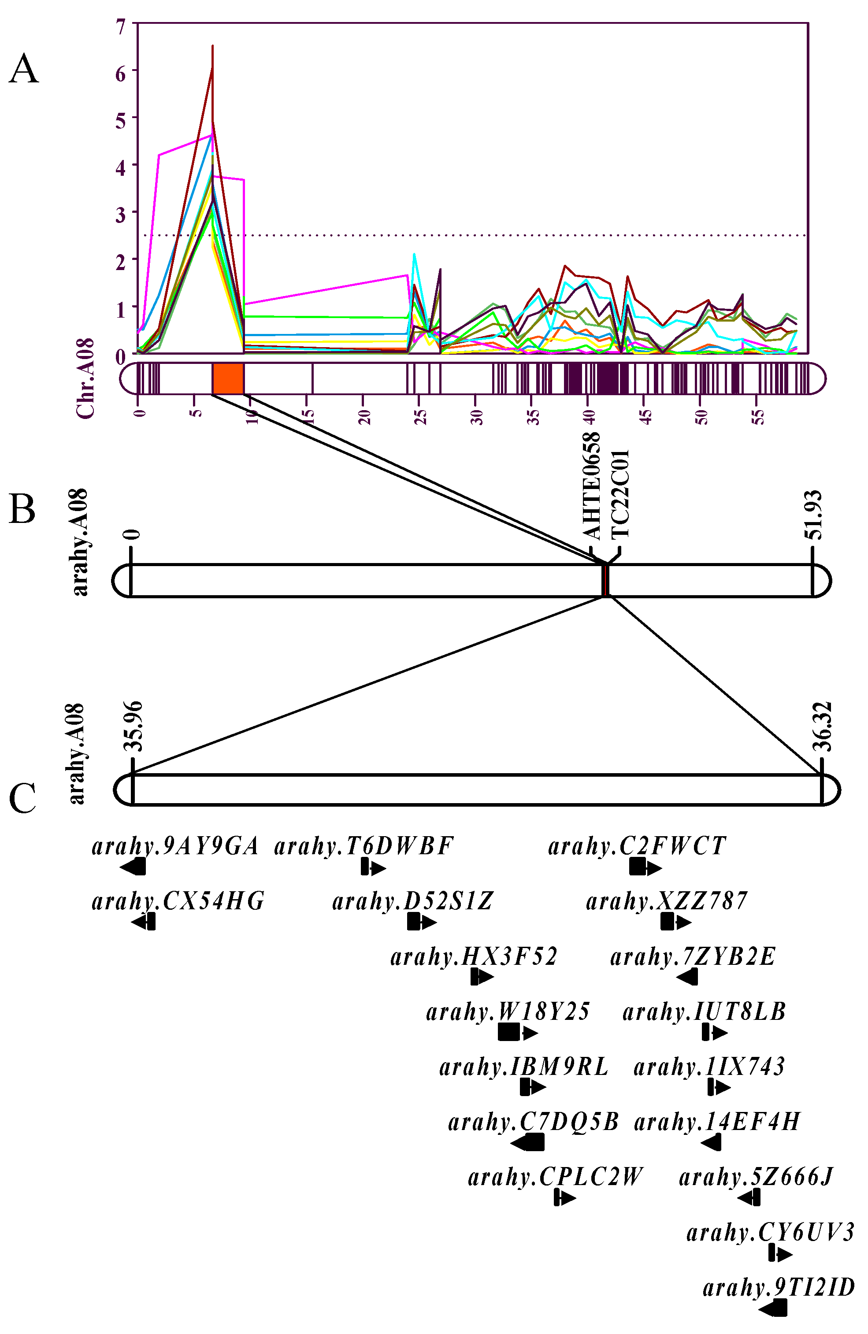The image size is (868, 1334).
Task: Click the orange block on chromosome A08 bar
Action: click(228, 379)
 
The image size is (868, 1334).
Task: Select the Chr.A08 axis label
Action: click(85, 378)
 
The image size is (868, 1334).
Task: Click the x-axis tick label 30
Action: click(477, 417)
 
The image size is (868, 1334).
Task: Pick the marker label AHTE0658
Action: click(591, 485)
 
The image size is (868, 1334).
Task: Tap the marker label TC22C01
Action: click(620, 494)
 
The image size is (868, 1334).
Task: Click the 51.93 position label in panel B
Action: click(814, 515)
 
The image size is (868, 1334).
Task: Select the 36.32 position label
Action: click(822, 726)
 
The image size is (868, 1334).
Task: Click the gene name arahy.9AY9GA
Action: click(175, 846)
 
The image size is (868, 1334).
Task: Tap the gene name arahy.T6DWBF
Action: click(364, 846)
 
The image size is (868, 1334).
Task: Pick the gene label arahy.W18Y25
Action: click(508, 1012)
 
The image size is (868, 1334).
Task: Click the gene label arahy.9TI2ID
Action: click(779, 1287)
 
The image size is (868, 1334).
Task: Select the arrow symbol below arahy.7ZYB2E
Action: click(687, 978)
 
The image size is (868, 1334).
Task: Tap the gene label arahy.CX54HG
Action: click(178, 901)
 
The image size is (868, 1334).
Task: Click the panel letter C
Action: click(22, 798)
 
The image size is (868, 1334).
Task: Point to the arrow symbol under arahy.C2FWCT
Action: click(645, 867)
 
